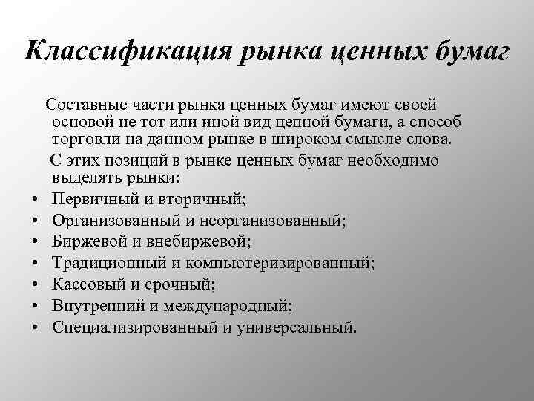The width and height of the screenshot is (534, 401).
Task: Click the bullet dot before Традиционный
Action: click(x=35, y=264)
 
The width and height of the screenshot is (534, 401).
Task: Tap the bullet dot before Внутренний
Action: click(x=35, y=306)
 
